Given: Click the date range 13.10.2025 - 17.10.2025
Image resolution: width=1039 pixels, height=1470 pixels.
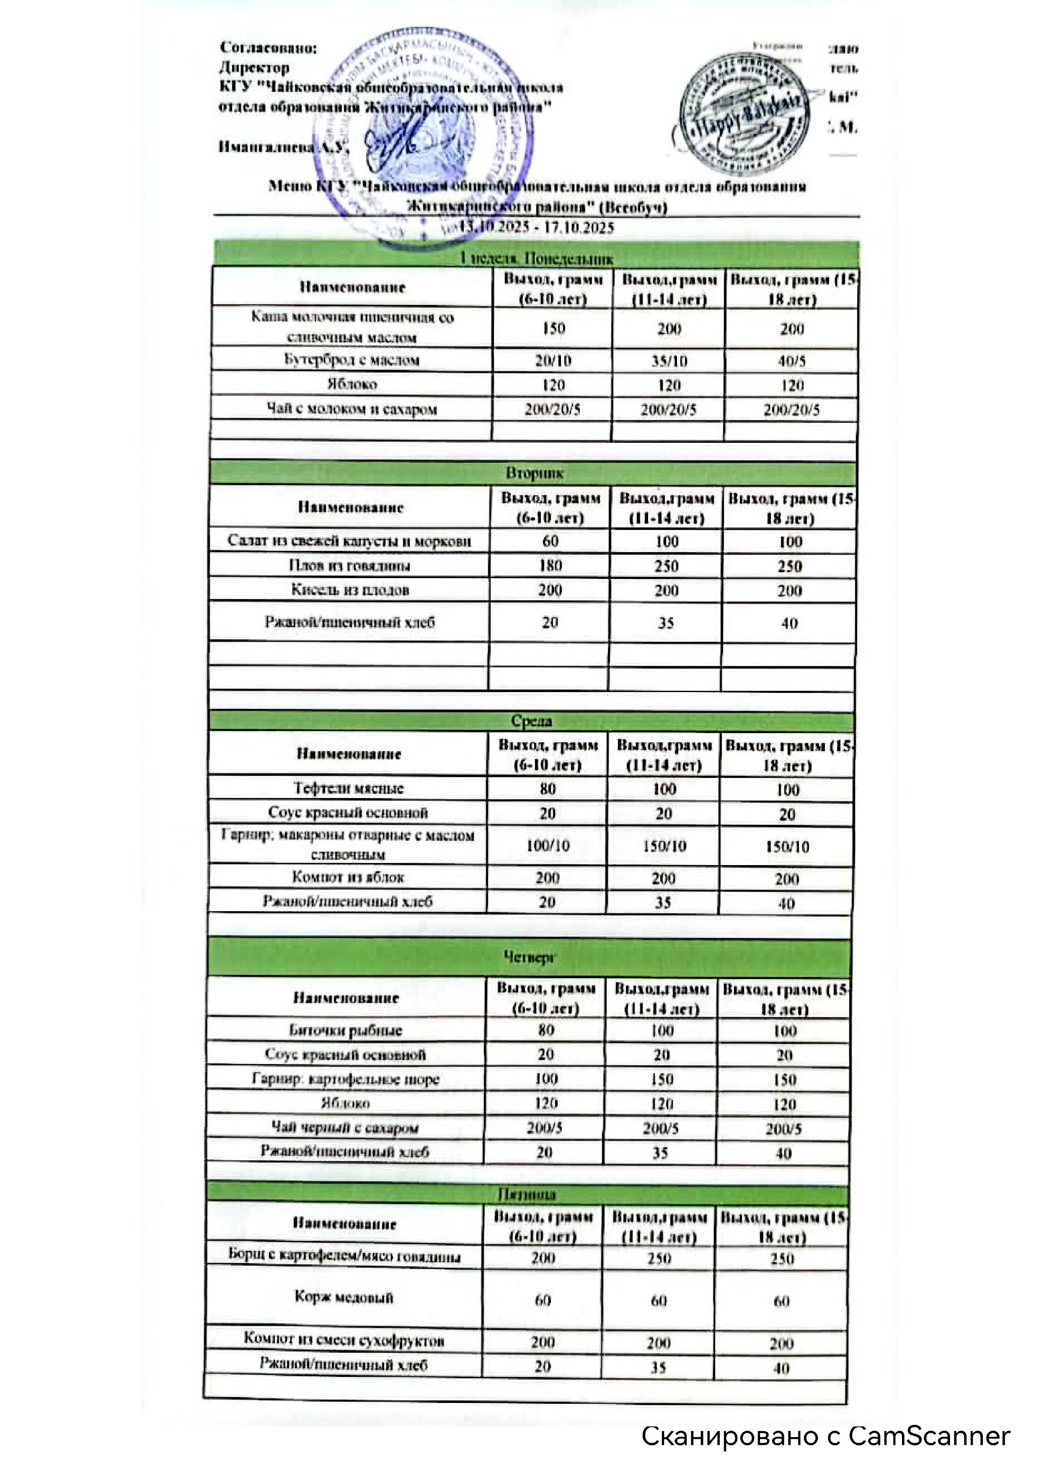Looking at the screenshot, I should [536, 228].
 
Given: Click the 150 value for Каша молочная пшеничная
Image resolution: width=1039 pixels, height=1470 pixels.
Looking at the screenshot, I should [553, 328].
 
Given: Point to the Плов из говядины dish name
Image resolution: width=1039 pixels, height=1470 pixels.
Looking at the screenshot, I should [349, 565].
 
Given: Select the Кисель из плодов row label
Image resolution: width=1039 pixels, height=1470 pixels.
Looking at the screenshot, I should [349, 590].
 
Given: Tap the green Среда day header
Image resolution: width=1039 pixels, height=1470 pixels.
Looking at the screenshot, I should [531, 721].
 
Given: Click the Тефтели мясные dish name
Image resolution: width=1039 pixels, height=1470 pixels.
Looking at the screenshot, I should [348, 788].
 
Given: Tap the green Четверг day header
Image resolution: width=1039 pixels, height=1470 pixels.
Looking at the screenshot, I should [529, 957].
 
